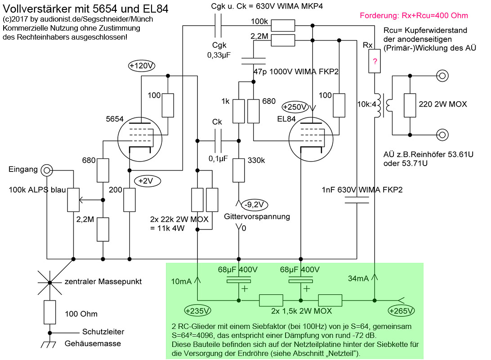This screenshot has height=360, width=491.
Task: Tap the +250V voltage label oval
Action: pos(295,108)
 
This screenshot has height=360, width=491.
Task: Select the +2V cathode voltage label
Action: pos(145,181)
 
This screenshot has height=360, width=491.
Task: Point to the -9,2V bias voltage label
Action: pos(254,205)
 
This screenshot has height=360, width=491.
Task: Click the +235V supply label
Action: pos(197,310)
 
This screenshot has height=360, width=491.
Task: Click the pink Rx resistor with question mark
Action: pos(374,61)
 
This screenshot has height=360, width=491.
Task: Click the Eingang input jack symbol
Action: pos(46,170)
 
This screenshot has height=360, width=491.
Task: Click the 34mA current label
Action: pos(359,279)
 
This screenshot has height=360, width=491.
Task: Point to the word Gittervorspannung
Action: pos(257,216)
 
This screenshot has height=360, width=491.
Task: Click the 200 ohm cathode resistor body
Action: pos(129,200)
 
